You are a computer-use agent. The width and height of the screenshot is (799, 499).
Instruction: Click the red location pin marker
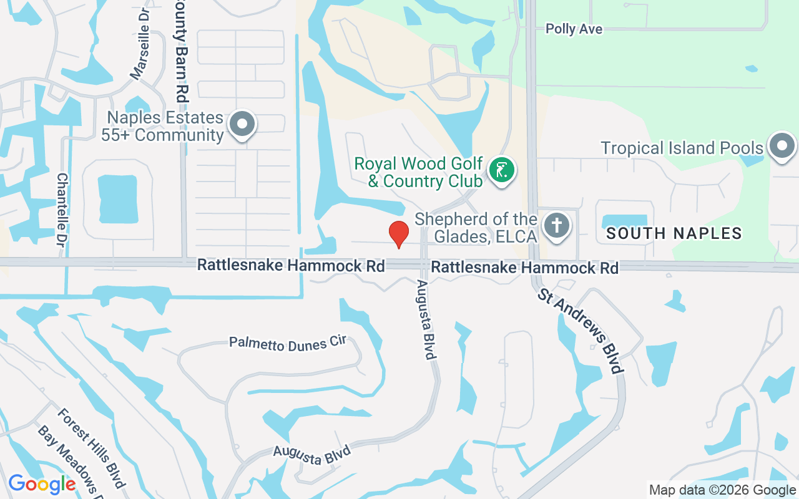click(398, 234)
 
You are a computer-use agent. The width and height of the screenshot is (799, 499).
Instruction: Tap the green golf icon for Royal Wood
click(501, 170)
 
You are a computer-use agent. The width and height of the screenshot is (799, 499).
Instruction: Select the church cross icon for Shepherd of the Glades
click(556, 225)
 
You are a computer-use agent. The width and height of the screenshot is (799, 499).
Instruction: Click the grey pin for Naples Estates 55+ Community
click(242, 124)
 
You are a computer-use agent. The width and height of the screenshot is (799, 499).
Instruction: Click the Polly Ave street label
click(574, 29)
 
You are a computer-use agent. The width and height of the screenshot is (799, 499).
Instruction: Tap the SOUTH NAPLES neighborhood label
click(674, 234)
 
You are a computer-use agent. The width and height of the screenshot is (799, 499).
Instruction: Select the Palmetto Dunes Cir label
click(287, 343)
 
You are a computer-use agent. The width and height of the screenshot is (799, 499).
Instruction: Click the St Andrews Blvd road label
click(581, 331)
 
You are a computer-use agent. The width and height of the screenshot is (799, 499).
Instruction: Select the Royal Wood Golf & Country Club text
click(418, 172)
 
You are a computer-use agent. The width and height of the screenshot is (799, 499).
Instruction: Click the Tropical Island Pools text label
click(682, 148)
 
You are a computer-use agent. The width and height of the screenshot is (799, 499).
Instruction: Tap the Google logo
click(42, 483)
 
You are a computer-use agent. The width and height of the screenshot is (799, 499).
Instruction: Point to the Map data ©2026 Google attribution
click(722, 490)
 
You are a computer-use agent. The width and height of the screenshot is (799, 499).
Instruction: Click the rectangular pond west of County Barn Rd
click(117, 199)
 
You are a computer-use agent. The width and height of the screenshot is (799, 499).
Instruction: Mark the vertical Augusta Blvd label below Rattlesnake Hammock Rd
click(425, 319)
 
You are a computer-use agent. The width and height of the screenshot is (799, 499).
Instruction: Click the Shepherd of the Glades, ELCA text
click(476, 228)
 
